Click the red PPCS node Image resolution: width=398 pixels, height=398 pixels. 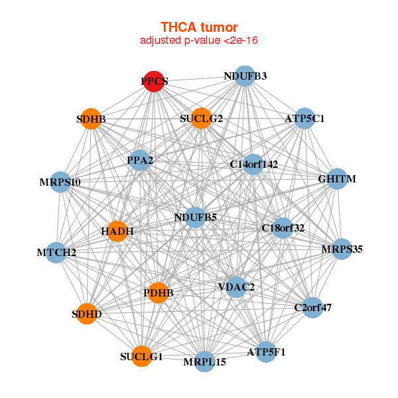[x=155, y=82]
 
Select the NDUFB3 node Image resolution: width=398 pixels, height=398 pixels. [x=245, y=76]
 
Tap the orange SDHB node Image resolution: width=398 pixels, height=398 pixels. [x=91, y=119]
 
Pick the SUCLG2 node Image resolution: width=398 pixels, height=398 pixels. [x=201, y=119]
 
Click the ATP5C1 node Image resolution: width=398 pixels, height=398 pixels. [x=304, y=119]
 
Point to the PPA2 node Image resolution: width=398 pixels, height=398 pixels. [x=140, y=160]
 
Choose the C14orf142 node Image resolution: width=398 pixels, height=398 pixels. [x=253, y=164]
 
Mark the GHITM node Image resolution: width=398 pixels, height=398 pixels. [x=337, y=179]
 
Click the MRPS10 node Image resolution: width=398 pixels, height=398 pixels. [x=60, y=182]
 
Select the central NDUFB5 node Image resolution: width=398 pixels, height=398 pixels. [x=195, y=217]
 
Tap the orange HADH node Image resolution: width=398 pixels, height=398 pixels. [x=117, y=232]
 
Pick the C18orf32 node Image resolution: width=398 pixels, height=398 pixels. [x=283, y=228]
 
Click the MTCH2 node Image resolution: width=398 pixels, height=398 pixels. [x=56, y=252]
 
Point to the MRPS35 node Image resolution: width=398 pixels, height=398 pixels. [x=342, y=249]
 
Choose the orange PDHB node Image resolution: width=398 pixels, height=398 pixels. [x=158, y=292]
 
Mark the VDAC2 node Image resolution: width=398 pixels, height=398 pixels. [x=236, y=287]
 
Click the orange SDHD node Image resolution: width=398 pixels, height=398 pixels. [x=87, y=314]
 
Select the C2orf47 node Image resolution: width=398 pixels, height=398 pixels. [x=312, y=307]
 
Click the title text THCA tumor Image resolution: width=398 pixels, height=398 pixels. [x=199, y=27]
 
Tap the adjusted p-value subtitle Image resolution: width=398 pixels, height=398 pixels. [x=199, y=40]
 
